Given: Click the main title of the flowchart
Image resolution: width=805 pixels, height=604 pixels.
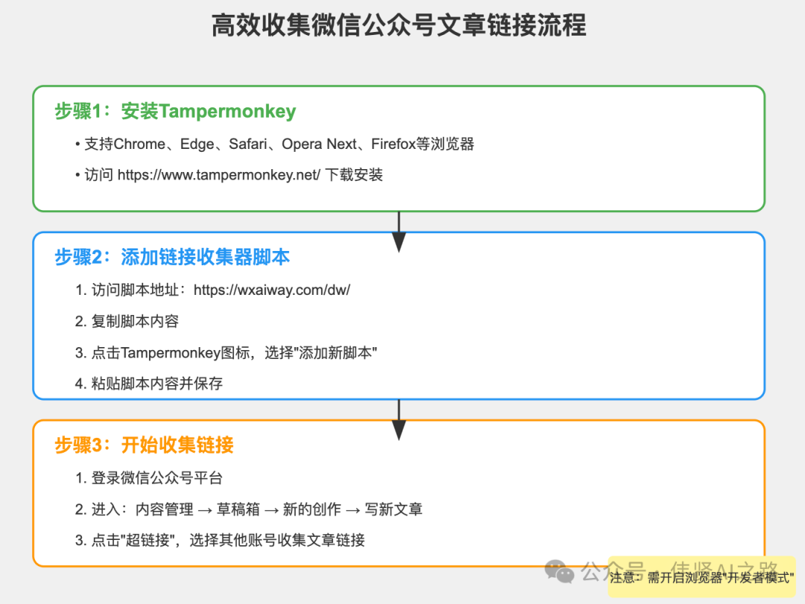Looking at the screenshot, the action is pyautogui.click(x=399, y=26).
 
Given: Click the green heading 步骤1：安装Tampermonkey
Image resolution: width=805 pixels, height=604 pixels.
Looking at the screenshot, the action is pyautogui.click(x=175, y=112).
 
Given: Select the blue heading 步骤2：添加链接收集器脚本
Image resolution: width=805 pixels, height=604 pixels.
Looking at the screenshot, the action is pyautogui.click(x=172, y=258).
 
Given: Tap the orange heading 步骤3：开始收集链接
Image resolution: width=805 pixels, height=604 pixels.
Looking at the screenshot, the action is pyautogui.click(x=144, y=445).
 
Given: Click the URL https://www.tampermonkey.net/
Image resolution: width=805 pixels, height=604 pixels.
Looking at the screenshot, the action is pyautogui.click(x=219, y=175).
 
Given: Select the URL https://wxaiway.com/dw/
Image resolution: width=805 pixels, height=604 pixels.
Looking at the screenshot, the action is pyautogui.click(x=271, y=290).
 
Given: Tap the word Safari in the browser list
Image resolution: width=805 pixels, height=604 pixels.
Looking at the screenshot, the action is pyautogui.click(x=247, y=144).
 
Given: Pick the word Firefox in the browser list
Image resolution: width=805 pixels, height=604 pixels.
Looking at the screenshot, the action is pyautogui.click(x=393, y=144).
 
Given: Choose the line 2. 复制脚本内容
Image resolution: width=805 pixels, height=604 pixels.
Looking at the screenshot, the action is pyautogui.click(x=127, y=321).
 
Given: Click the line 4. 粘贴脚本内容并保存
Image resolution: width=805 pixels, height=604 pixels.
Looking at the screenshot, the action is pyautogui.click(x=148, y=384).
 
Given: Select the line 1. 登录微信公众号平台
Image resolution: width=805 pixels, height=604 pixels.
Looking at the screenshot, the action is pyautogui.click(x=148, y=477).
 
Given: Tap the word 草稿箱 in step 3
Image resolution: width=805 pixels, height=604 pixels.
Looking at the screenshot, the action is pyautogui.click(x=239, y=509).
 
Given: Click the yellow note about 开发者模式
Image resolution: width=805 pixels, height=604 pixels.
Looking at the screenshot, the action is pyautogui.click(x=701, y=577).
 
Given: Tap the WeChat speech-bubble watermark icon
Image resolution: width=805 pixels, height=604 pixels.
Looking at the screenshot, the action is pyautogui.click(x=560, y=571).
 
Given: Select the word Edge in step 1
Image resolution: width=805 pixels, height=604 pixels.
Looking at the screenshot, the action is pyautogui.click(x=197, y=144).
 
